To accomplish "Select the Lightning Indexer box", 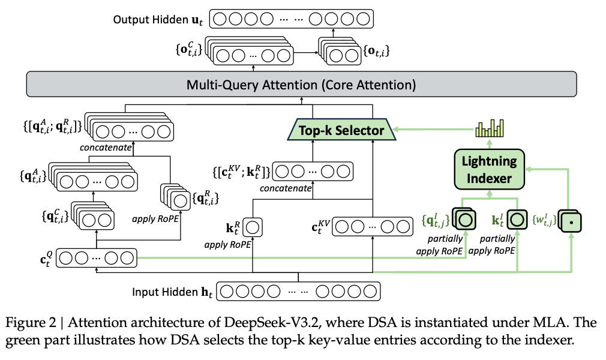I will tap(488, 169).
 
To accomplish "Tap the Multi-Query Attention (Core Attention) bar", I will tap(301, 84).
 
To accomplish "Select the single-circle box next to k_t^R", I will tap(253, 228).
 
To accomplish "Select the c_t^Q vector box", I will tap(97, 258).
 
